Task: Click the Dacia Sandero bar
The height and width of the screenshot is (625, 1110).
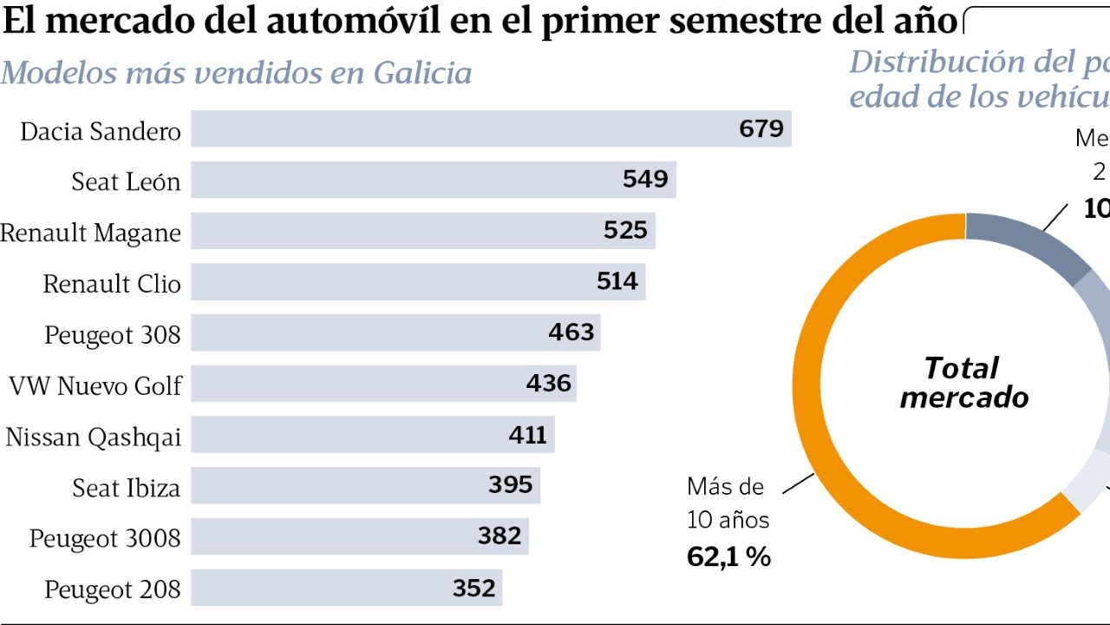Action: click(460, 129)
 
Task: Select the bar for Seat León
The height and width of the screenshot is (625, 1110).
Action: click(408, 181)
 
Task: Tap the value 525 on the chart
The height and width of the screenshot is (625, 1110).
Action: click(626, 230)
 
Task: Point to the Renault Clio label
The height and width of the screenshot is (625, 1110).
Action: click(112, 284)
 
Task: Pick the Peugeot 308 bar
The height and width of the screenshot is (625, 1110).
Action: click(373, 332)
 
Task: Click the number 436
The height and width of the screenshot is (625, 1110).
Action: click(549, 383)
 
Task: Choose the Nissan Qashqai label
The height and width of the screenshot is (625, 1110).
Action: click(94, 437)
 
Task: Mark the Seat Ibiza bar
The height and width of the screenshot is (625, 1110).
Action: click(347, 485)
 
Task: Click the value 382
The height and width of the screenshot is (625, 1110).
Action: click(499, 536)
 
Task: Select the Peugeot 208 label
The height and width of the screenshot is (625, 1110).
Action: click(113, 590)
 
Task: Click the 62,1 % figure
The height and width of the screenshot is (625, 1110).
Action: click(728, 556)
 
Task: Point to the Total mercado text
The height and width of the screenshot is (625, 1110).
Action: click(963, 383)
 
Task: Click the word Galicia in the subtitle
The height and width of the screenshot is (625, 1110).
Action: click(422, 73)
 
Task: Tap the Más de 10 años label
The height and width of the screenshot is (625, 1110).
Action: click(727, 503)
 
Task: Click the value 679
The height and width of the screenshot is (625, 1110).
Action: click(761, 129)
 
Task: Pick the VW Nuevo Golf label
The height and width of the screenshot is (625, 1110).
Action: click(95, 385)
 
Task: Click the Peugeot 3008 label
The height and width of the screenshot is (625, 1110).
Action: click(105, 539)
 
